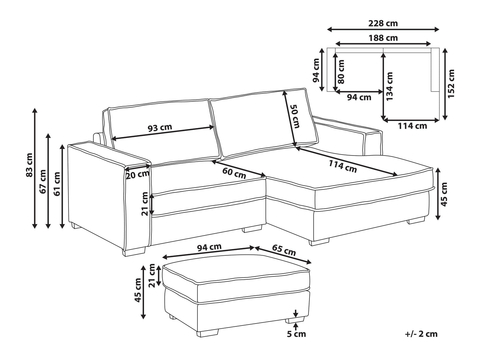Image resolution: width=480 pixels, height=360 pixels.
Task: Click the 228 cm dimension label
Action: click(x=383, y=23)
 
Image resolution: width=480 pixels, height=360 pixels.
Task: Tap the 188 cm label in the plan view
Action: click(x=383, y=38)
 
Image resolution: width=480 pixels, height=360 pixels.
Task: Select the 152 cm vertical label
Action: click(x=451, y=84)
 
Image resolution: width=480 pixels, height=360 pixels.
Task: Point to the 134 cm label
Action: click(x=390, y=86)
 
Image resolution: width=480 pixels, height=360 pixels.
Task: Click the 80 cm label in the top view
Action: click(x=341, y=72)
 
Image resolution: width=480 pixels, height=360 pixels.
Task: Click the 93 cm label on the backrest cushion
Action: click(x=160, y=128)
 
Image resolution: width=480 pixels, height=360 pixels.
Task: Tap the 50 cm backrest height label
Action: click(x=295, y=116)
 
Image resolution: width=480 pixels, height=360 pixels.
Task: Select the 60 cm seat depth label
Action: click(x=234, y=173)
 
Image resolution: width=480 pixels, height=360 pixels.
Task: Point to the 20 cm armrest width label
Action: click(x=138, y=174)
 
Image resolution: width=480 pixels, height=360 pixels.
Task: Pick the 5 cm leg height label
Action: click(x=296, y=334)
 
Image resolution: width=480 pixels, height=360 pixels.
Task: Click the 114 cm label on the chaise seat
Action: click(x=343, y=166)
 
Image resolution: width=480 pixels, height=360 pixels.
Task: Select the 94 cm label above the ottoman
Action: click(x=209, y=247)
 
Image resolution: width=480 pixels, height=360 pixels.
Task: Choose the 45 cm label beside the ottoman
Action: click(x=138, y=290)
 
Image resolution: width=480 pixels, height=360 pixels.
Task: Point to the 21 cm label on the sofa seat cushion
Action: click(x=145, y=204)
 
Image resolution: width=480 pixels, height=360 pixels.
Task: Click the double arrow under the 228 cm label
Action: click(x=383, y=29)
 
